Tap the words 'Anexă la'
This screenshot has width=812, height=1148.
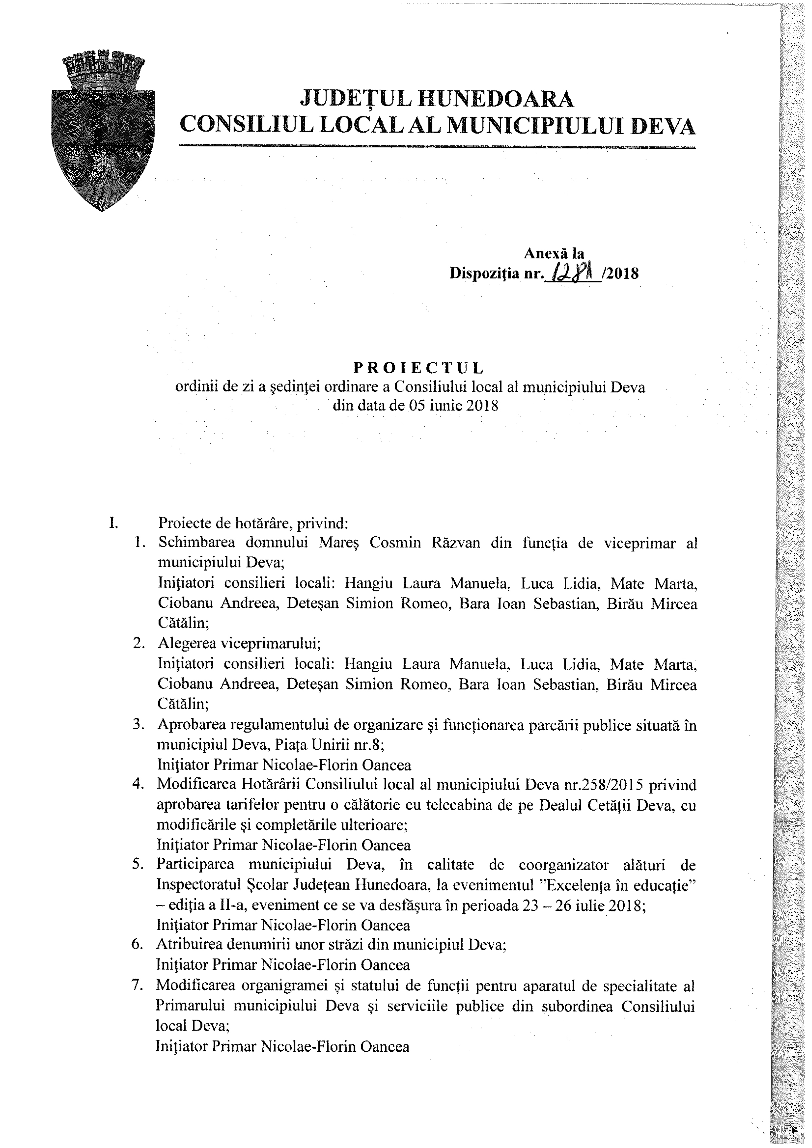(554, 254)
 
